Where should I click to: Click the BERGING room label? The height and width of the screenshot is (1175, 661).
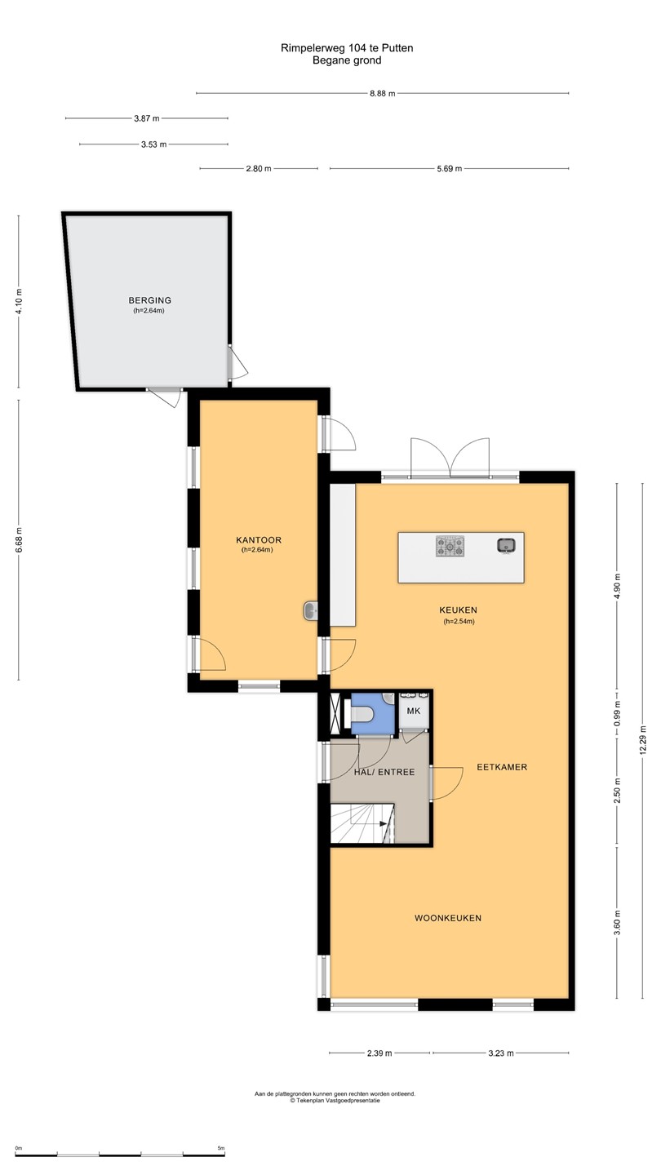150,300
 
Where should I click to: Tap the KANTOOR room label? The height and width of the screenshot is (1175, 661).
259,540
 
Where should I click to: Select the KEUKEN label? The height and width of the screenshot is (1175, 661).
459,610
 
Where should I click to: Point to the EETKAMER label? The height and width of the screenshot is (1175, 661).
502,767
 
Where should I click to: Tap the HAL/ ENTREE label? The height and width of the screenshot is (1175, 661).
384,772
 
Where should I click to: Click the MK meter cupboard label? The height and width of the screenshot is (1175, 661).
414,712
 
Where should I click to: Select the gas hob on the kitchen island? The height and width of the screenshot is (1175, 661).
450,546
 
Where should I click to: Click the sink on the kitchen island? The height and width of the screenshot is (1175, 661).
506,546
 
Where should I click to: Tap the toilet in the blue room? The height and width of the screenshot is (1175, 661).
361,713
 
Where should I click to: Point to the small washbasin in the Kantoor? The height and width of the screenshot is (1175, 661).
311,611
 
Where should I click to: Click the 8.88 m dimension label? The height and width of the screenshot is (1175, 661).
383,93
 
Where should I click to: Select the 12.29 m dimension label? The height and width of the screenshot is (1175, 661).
643,739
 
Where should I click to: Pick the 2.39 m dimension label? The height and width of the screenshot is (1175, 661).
379,1053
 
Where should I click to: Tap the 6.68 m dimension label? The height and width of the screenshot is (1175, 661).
19,540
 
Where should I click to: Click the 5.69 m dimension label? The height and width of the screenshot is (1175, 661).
450,169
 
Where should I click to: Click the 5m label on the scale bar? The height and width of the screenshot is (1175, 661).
221,1148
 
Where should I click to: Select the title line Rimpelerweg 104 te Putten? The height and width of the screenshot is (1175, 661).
347,48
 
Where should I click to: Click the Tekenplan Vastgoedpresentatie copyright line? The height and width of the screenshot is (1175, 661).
335,1101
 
